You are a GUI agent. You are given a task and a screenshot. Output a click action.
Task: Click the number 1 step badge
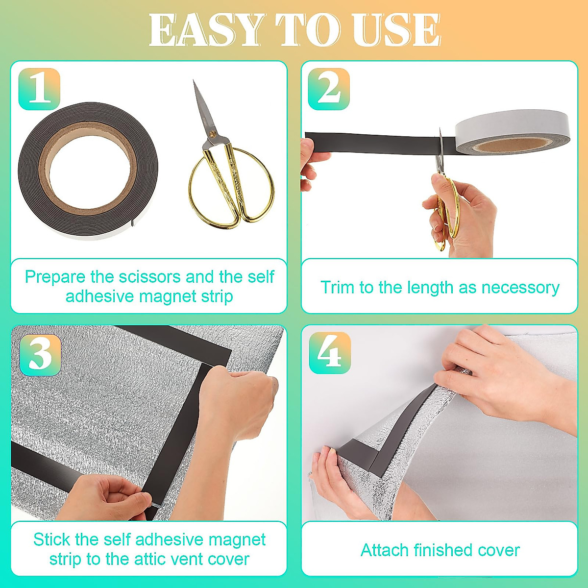click(x=39, y=89)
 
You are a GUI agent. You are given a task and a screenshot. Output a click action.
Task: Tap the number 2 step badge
click(x=329, y=89)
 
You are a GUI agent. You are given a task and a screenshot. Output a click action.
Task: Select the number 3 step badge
click(x=40, y=355)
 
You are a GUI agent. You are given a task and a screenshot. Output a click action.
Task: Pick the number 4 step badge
click(x=330, y=353)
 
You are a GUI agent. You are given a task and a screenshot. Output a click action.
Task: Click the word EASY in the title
click(x=206, y=30)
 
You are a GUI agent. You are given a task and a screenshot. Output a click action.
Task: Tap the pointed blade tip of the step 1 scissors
click(x=195, y=84)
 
